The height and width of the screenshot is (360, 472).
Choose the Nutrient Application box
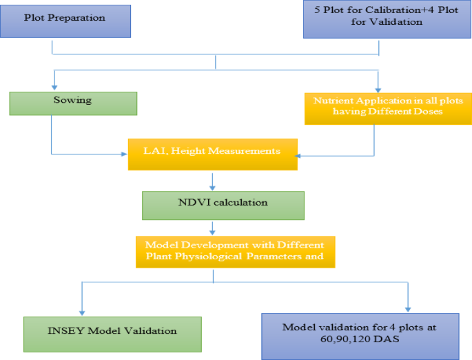[388, 106]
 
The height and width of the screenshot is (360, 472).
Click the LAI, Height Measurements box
[212, 154]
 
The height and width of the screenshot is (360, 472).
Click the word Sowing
[72, 100]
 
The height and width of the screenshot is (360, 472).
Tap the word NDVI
[191, 203]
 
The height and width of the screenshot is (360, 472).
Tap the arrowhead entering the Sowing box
[52, 87]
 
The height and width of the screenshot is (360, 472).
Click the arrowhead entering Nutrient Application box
[378, 87]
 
